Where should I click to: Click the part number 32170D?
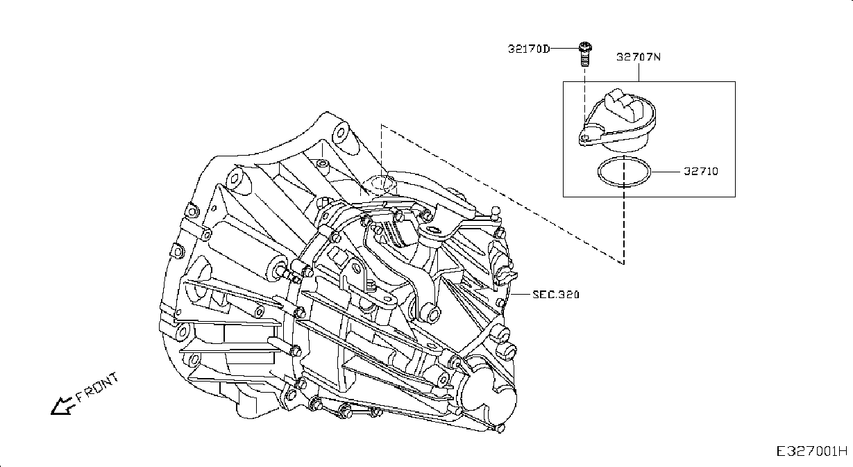pos(529,49)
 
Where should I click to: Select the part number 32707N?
pos(639,57)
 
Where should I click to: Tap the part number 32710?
pos(701,172)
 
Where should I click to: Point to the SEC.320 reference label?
pos(555,294)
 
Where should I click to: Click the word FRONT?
pos(98,387)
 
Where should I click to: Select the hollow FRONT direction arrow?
pos(61,406)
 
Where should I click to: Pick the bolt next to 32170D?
pos(585,54)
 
